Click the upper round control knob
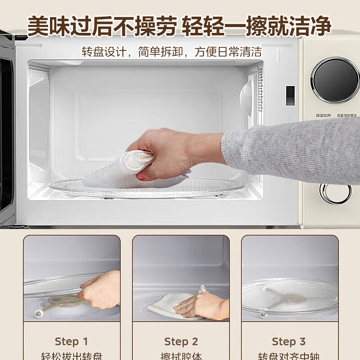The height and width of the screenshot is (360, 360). click(336, 80)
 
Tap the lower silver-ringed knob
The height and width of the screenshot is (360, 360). click(335, 192)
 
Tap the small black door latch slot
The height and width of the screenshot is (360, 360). click(290, 95)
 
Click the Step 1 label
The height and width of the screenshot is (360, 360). click(72, 341)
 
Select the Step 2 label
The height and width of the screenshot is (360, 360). click(181, 342)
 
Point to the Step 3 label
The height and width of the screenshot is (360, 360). click(289, 341)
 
